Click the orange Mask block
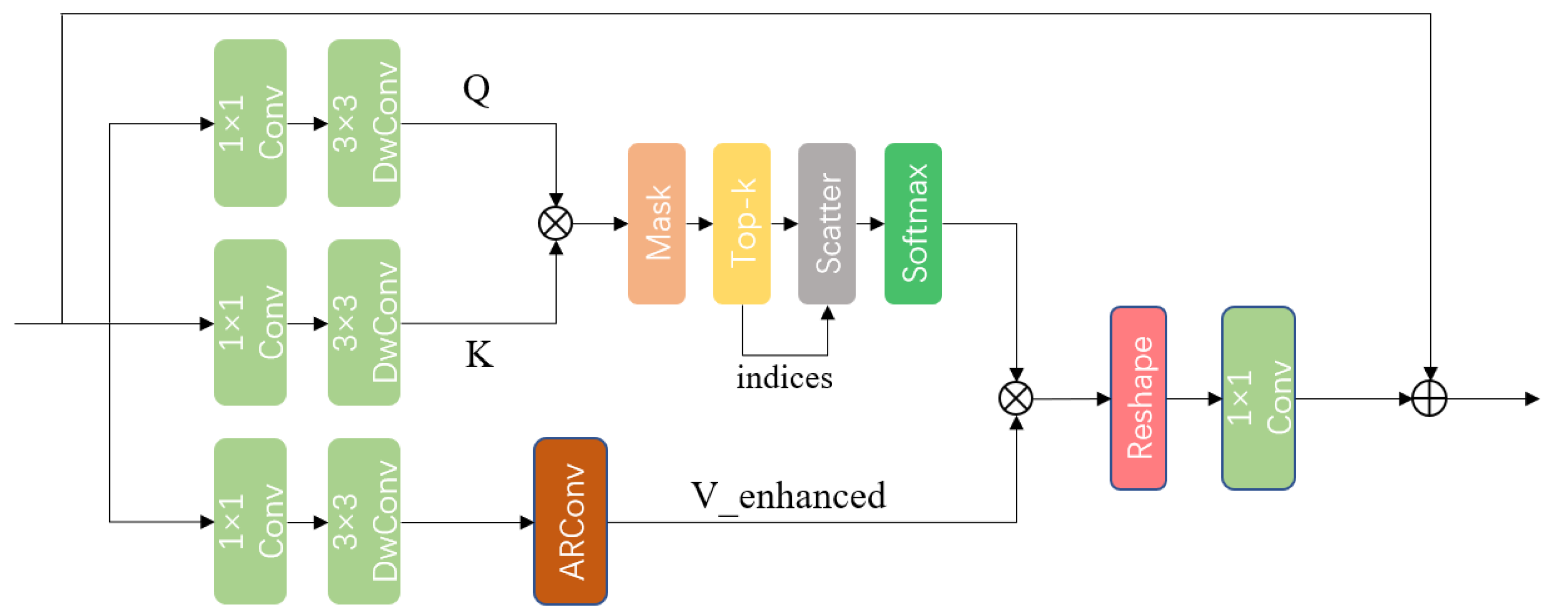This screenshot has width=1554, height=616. pos(657,223)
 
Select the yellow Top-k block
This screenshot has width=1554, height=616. pos(741,223)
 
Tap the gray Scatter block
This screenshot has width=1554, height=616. pos(826,223)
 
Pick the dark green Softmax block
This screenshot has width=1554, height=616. pos(913,223)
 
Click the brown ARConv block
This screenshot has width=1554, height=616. pos(570,520)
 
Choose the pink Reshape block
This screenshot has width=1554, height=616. pos(1138,398)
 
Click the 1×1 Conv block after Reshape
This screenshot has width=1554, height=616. pos(1258,398)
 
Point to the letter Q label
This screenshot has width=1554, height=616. pos(476,89)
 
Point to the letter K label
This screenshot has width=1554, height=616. pos(479,354)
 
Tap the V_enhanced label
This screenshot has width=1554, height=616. pos(788,497)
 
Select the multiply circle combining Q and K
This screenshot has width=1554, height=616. pos(555,223)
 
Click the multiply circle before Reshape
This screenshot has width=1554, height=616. pos(1016,398)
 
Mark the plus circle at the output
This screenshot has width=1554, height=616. pos(1429,398)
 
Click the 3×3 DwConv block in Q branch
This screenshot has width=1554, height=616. pos(364,123)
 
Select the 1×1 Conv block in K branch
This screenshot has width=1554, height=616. pos(250,323)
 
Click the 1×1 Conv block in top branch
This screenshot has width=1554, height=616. pos(250,123)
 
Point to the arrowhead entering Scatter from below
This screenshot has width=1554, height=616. pos(827,312)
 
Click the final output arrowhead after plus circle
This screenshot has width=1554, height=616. pos(1532,398)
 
